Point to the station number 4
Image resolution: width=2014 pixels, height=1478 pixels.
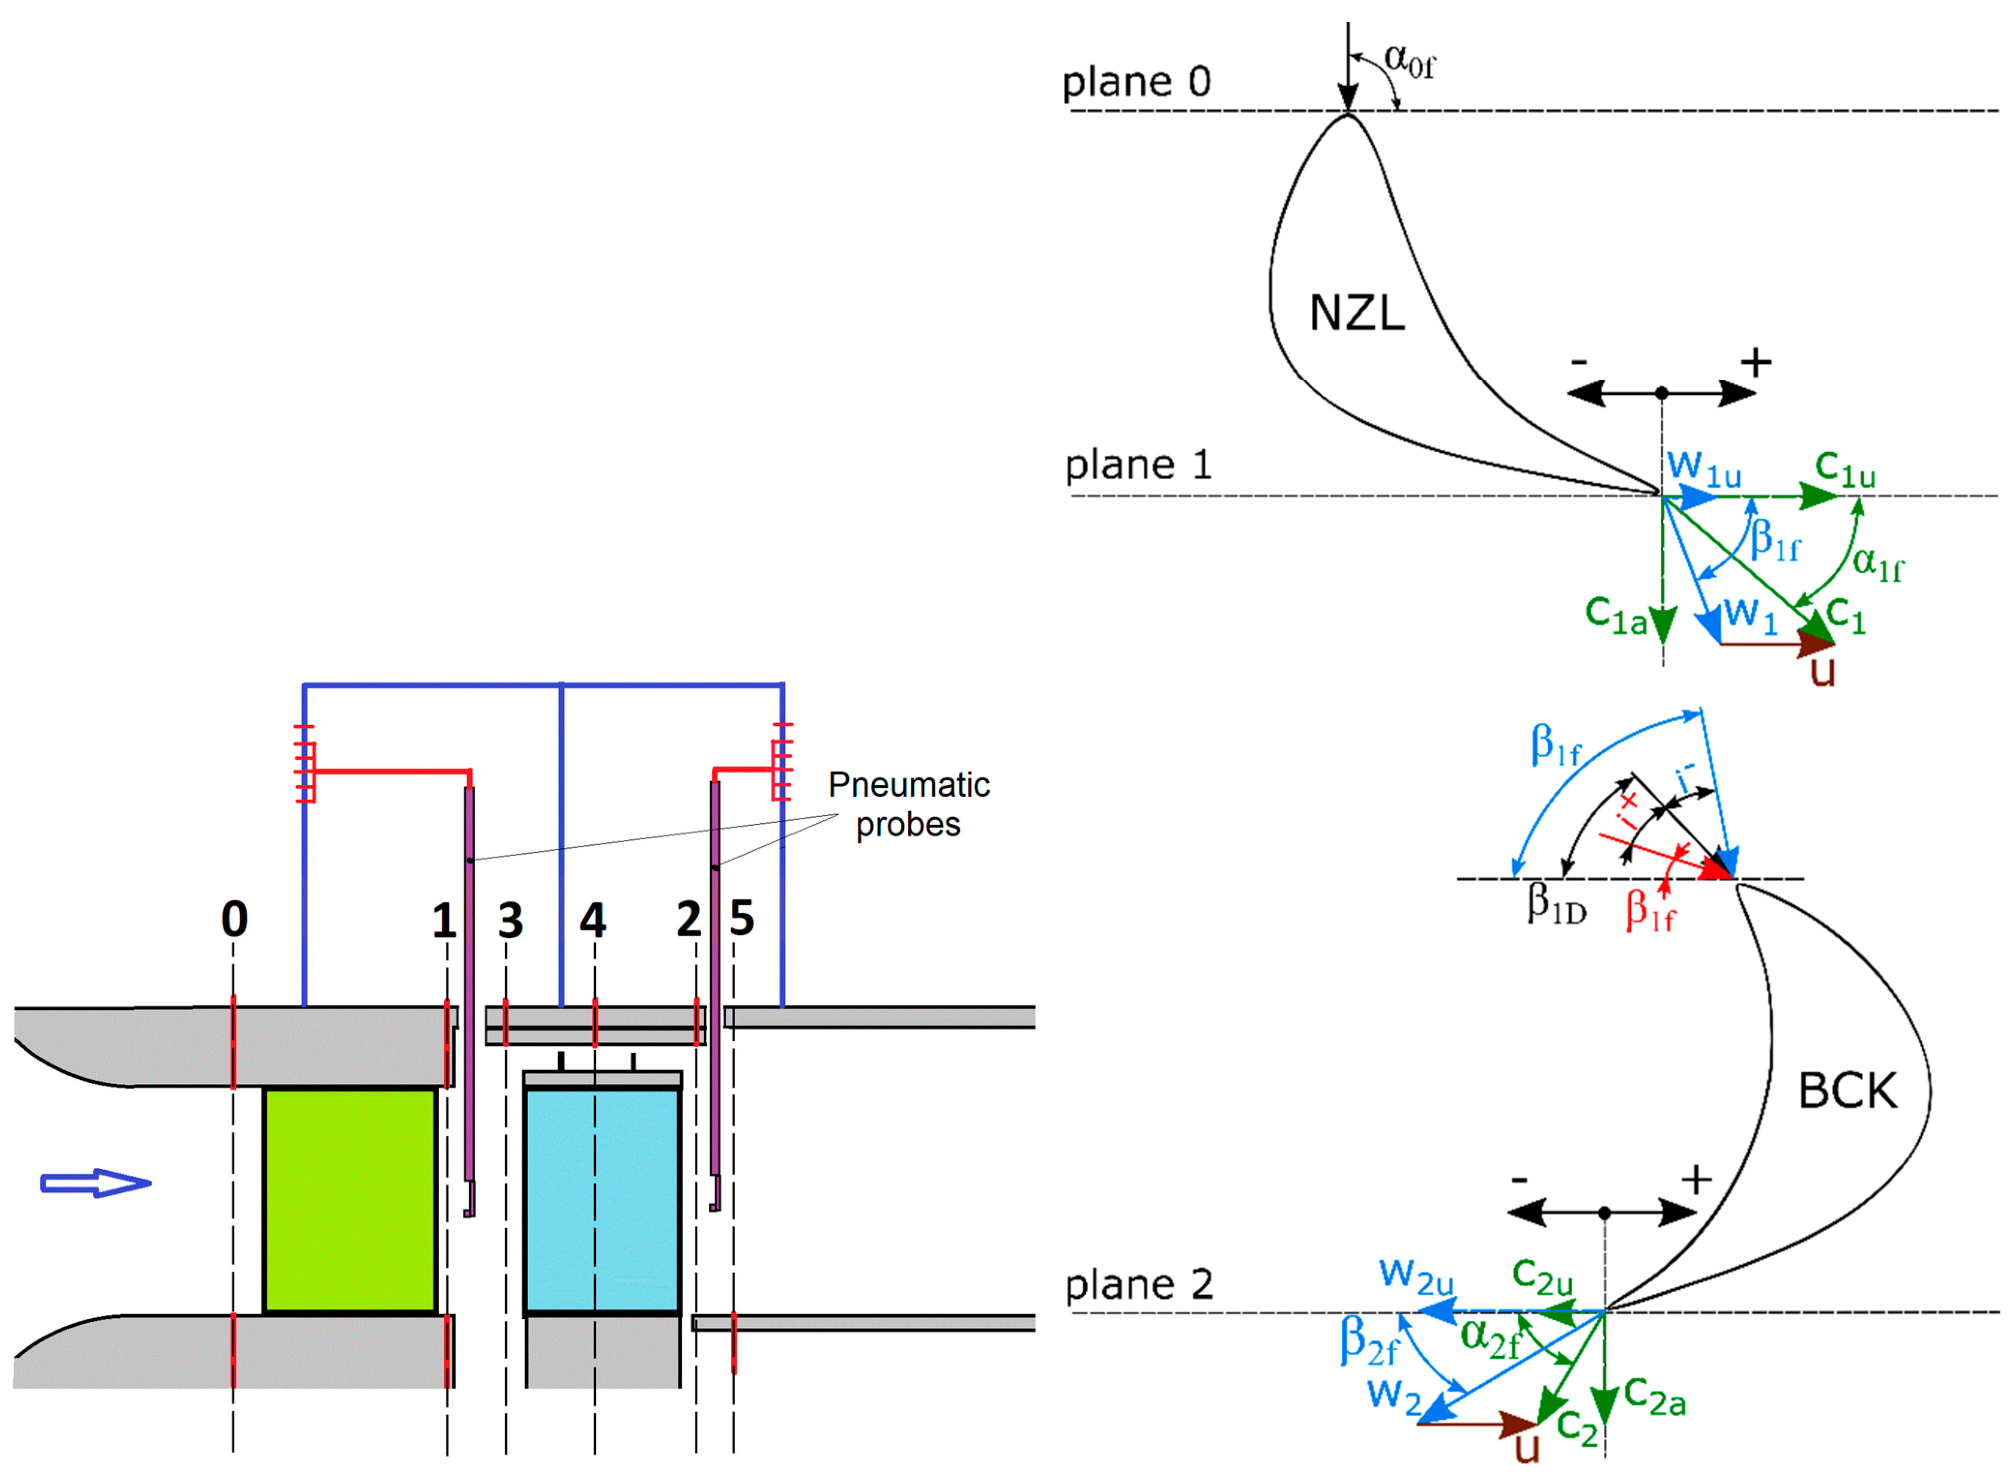coord(593,920)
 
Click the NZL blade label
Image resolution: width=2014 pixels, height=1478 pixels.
coord(1356,313)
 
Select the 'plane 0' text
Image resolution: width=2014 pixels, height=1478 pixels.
coord(1136,82)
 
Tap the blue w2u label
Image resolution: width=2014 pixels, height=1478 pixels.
coord(1416,1275)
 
